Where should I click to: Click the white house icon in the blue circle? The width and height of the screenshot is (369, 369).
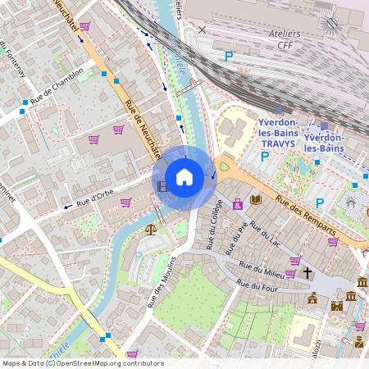184,177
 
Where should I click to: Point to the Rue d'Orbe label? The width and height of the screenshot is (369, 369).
94,196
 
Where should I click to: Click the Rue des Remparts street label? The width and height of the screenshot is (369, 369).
305,220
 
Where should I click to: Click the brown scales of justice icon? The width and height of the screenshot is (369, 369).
150,229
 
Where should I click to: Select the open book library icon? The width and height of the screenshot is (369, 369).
256,199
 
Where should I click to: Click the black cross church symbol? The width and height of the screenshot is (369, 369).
307,272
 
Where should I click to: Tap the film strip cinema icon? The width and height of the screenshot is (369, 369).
162,187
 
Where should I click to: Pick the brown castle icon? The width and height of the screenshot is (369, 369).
336,306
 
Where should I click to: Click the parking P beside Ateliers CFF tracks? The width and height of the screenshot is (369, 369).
229,56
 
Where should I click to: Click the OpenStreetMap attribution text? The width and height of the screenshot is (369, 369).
82,363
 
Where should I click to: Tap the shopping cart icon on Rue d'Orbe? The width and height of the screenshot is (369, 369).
125,202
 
